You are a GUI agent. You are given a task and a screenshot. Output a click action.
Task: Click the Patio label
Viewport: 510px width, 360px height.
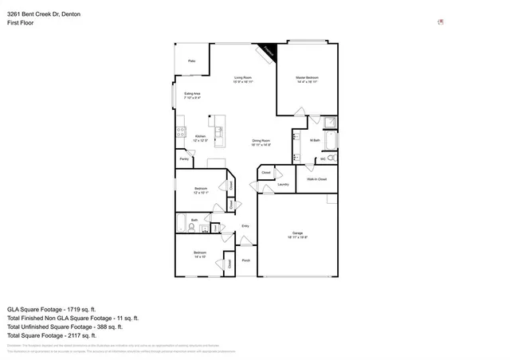point(191,61)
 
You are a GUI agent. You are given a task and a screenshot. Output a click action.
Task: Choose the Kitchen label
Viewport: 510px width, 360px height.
point(202,139)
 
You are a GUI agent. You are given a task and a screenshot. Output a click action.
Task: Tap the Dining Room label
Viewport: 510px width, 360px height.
point(261,143)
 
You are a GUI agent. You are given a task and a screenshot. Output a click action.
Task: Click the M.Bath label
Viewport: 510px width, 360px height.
point(315,140)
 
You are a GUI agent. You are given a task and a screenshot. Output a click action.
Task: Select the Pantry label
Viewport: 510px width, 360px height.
point(183,158)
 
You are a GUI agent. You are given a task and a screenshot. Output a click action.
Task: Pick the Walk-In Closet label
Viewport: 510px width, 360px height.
point(316,179)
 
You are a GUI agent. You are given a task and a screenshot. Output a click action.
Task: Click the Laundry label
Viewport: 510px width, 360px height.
point(283,184)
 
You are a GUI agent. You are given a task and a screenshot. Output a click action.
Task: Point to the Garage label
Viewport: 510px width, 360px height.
point(296,235)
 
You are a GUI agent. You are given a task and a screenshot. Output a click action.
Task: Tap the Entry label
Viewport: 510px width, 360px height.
point(245,226)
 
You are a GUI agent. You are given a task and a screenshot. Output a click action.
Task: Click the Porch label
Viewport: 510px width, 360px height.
point(245,260)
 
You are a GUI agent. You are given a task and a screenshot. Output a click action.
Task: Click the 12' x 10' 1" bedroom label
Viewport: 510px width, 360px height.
point(200,190)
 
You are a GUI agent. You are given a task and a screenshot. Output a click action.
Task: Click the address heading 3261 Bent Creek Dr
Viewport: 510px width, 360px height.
point(38,14)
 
